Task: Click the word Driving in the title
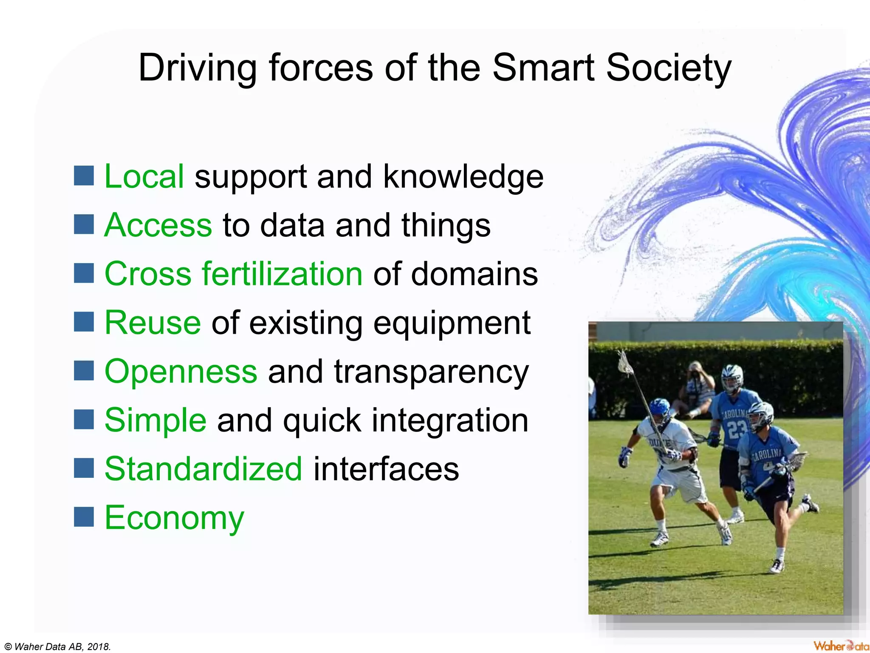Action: click(198, 68)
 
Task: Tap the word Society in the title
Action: click(669, 68)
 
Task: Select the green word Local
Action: click(144, 176)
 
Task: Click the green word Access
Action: click(158, 225)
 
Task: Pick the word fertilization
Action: click(282, 274)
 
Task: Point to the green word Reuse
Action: click(153, 323)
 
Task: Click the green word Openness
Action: click(181, 371)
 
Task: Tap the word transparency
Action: click(431, 372)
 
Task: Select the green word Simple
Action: click(155, 420)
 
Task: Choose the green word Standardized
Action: click(203, 468)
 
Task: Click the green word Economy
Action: click(174, 518)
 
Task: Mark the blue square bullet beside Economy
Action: click(84, 517)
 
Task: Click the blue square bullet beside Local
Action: click(84, 176)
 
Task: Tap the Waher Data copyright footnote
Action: click(58, 647)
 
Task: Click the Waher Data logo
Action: click(841, 646)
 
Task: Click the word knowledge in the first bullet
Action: click(463, 176)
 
